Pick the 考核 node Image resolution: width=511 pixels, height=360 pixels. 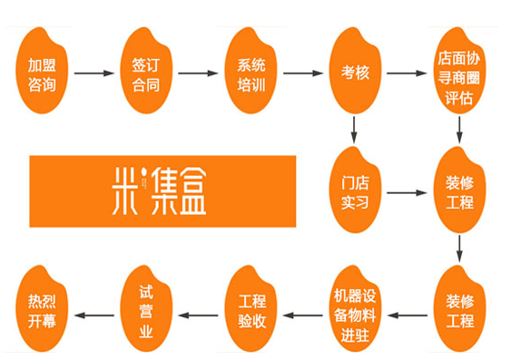tap(354, 71)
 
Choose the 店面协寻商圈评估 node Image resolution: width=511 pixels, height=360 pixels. tap(455, 71)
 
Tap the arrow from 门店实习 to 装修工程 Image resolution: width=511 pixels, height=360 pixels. tap(403, 193)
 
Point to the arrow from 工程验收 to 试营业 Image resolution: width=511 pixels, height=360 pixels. tap(198, 315)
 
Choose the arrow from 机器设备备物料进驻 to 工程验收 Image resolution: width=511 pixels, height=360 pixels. tap(302, 315)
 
